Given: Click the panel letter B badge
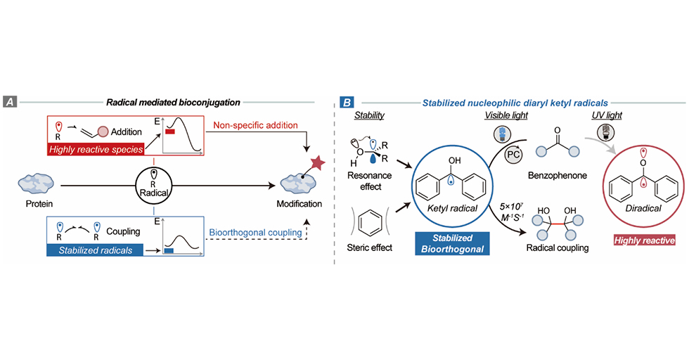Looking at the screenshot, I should tap(347, 102).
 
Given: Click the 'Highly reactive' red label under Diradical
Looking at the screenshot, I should tap(643, 241).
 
